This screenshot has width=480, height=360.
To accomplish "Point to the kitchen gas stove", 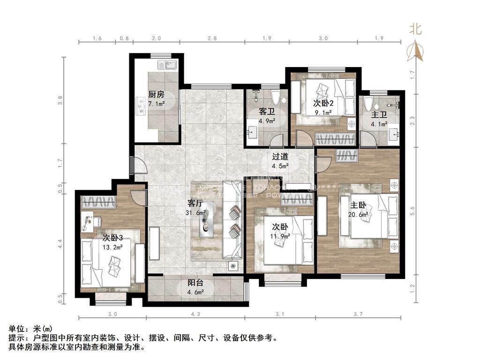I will pos(140,105).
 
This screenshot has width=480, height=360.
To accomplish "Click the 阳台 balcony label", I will pos(195,283).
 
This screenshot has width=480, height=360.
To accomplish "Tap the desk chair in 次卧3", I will pos(95,220).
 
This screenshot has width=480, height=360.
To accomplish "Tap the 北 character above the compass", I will pos(416,30).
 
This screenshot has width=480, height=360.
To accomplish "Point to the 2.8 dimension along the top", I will pos(212,38).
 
